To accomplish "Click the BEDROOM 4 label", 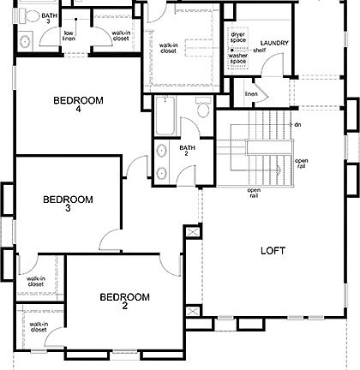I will pyautogui.click(x=78, y=105).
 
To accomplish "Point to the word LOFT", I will pyautogui.click(x=273, y=251).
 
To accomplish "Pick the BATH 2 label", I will pyautogui.click(x=188, y=152).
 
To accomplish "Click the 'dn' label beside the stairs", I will pyautogui.click(x=297, y=124).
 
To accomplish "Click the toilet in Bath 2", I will pyautogui.click(x=203, y=109).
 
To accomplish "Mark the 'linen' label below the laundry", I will pyautogui.click(x=251, y=93).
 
